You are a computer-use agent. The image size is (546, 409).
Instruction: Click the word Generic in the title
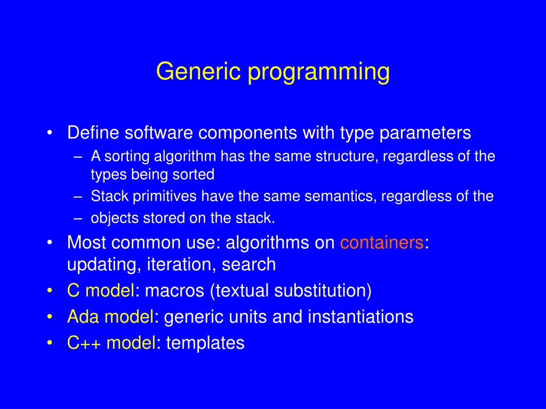pyautogui.click(x=198, y=71)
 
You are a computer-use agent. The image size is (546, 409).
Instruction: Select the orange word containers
pyautogui.click(x=382, y=242)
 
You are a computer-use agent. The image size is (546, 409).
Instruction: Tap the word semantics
pyautogui.click(x=341, y=196)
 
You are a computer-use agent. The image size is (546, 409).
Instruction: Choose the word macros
pyautogui.click(x=174, y=291)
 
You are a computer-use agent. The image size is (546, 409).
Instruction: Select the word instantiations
pyautogui.click(x=360, y=317)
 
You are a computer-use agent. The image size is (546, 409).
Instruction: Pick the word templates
pyautogui.click(x=205, y=343)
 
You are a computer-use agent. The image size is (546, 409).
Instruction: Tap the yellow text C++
pyautogui.click(x=84, y=343)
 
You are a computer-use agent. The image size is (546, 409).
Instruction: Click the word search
pyautogui.click(x=248, y=264)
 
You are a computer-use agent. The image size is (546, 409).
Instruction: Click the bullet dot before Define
pyautogui.click(x=50, y=133)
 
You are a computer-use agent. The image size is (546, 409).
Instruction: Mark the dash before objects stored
pyautogui.click(x=78, y=219)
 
